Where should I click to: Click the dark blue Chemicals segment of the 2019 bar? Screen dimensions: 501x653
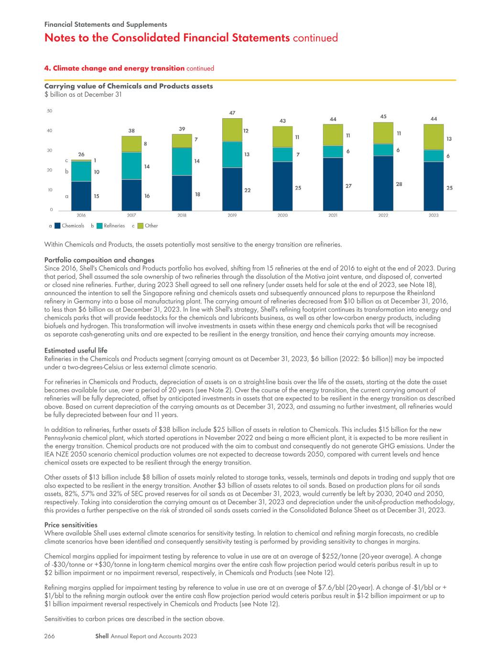[x=232, y=189]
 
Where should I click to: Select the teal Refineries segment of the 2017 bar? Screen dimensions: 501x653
[x=131, y=166]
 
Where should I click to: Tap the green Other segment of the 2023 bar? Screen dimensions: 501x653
[x=434, y=137]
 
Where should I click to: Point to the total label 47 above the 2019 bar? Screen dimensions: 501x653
[x=232, y=113]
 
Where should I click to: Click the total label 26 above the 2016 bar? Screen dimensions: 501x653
[x=81, y=155]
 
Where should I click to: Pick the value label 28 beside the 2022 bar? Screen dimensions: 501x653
[x=399, y=184]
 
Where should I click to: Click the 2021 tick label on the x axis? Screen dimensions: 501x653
[x=333, y=215]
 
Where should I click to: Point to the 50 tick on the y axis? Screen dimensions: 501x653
[x=50, y=111]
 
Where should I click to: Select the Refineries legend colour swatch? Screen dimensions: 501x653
[x=99, y=226]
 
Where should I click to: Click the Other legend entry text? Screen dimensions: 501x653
[x=151, y=226]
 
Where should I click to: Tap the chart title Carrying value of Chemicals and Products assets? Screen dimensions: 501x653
[x=129, y=86]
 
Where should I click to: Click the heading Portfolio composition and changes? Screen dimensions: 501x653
[x=99, y=260]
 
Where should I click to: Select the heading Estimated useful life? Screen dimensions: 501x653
[x=76, y=350]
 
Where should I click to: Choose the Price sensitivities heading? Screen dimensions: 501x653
[x=71, y=525]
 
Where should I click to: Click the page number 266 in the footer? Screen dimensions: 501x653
[x=50, y=636]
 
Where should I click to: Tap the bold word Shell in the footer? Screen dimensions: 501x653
[x=102, y=636]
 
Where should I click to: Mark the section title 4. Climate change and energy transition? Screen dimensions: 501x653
[x=114, y=68]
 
